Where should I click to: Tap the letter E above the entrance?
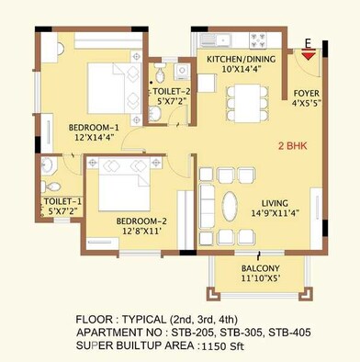tap(309, 42)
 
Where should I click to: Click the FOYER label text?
tap(307, 94)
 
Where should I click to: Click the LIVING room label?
tap(280, 202)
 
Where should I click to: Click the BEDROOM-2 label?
tap(141, 221)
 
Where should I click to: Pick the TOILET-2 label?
tap(172, 92)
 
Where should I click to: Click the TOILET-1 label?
tap(62, 200)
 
